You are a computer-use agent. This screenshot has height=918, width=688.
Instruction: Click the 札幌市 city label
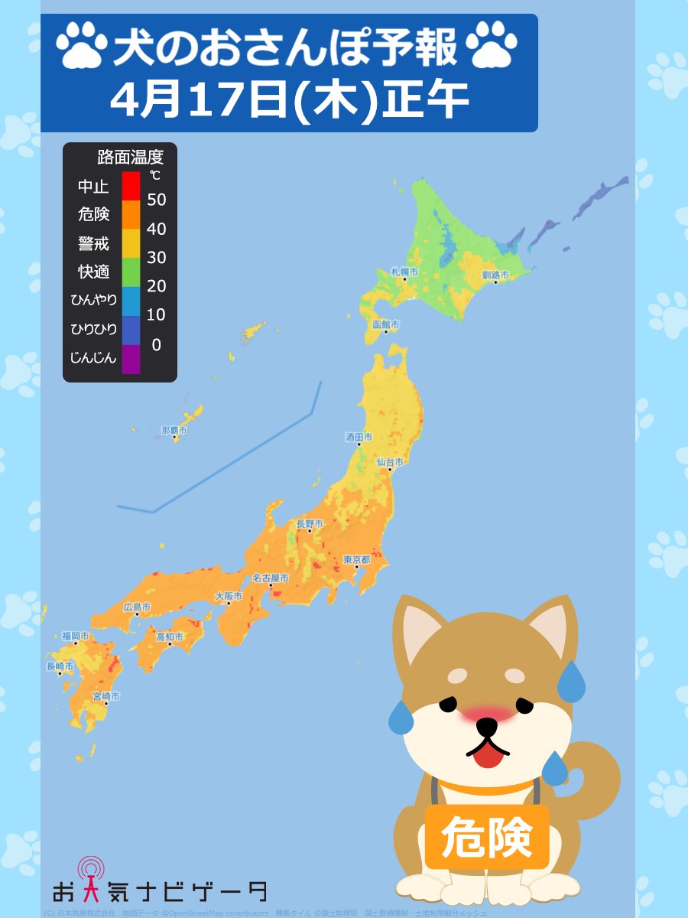(x=404, y=272)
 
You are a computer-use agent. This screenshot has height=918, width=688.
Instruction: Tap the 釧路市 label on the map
(x=495, y=275)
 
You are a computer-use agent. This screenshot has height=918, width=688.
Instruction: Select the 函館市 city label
(x=386, y=324)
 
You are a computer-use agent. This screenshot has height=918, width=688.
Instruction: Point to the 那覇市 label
(x=174, y=431)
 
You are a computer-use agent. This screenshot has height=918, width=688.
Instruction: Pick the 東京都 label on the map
(x=357, y=560)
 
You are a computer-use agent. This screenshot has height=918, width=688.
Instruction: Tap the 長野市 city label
(x=310, y=524)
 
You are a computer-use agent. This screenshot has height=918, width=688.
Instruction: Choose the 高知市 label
(x=170, y=636)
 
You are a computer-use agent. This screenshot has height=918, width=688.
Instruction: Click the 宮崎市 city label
(x=105, y=696)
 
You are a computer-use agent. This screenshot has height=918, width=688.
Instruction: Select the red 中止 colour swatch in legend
(x=131, y=186)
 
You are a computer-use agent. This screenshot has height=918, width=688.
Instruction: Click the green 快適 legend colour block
(x=131, y=272)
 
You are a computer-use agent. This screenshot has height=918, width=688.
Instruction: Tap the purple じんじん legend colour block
(x=131, y=359)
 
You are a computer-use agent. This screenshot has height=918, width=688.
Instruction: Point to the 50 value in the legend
(x=156, y=200)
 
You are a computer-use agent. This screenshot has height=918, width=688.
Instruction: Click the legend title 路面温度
(x=131, y=158)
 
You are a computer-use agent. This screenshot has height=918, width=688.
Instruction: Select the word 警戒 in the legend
(x=94, y=243)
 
